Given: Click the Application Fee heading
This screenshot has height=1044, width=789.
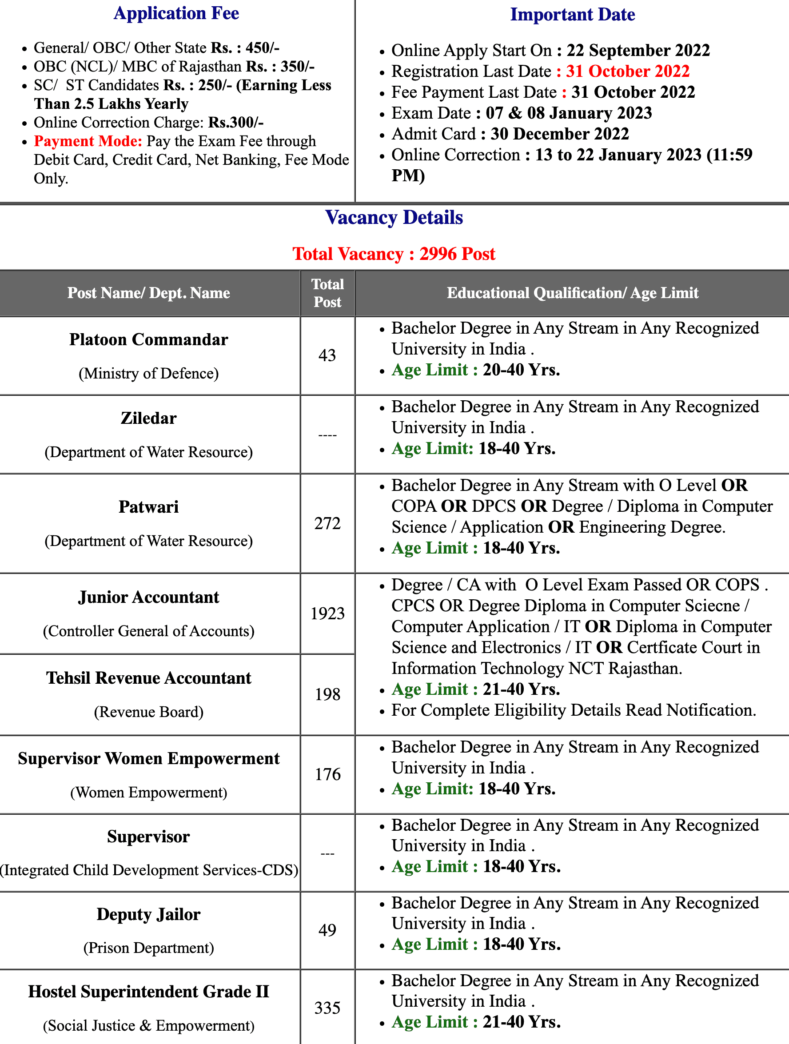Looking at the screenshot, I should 176,13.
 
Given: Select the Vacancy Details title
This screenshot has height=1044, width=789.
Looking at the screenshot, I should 394,218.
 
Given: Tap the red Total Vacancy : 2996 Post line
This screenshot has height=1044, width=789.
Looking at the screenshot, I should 394,254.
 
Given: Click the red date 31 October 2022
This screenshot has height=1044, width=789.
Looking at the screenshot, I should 628,71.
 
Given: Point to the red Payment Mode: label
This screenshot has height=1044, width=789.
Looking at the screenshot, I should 88,141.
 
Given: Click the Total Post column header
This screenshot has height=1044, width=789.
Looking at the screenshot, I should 327,293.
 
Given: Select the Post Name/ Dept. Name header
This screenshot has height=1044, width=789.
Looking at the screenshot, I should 149,293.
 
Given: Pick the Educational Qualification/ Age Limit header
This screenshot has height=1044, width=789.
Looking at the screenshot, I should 572,293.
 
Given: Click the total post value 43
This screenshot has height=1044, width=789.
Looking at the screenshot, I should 327,355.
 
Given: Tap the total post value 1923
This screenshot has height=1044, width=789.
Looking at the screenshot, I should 327,614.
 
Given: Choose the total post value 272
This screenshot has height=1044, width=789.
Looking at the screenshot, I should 327,523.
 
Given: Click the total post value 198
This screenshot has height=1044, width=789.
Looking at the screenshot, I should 327,694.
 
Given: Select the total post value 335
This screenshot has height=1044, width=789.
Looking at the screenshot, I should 327,1008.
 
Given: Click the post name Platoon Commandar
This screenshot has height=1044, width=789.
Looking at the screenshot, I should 149,340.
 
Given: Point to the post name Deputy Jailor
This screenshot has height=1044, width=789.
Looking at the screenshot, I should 149,915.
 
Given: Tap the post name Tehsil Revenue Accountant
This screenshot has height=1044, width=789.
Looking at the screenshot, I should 149,678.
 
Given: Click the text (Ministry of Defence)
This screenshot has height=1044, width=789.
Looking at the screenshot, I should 149,373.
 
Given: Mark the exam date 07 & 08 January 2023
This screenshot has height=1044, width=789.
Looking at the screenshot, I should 569,113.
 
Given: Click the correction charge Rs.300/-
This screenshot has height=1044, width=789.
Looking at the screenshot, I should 236,123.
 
